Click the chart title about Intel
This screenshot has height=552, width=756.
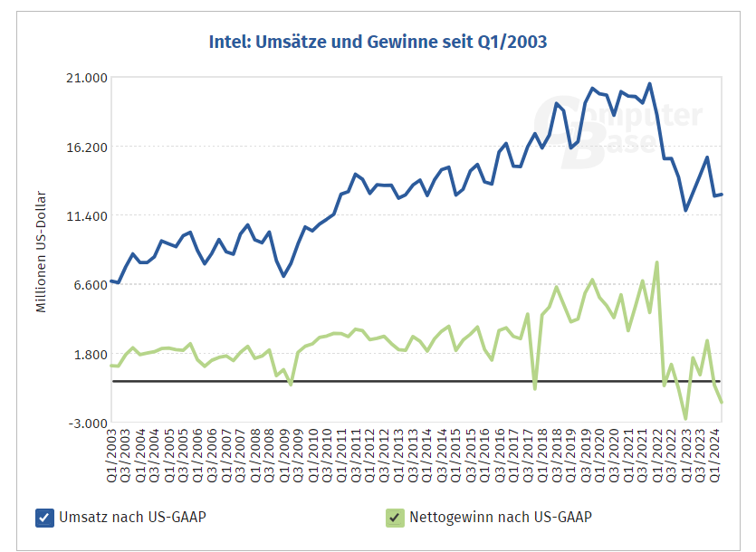[x=378, y=42]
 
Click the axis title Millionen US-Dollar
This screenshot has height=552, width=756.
[x=41, y=252]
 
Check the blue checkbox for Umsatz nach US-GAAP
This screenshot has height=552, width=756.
[x=44, y=518]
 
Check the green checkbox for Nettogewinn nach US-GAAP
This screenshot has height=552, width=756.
[x=394, y=518]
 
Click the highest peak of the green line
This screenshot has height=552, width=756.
[x=656, y=262]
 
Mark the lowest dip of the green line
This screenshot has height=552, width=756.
[x=685, y=418]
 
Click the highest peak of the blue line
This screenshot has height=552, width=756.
[x=649, y=84]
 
